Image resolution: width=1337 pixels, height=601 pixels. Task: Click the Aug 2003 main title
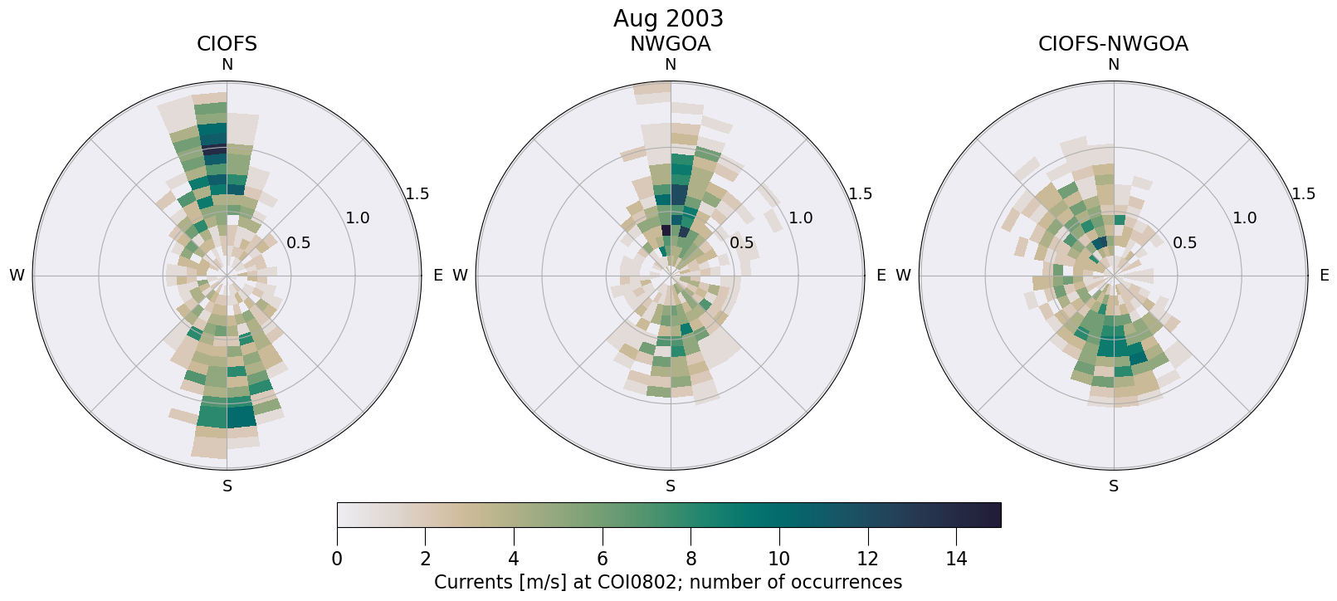pos(668,18)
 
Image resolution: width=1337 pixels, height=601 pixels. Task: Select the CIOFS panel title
pos(227,44)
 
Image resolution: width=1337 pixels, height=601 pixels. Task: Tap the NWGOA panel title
pos(670,44)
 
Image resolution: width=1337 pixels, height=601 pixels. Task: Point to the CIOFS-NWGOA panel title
pos(1113,44)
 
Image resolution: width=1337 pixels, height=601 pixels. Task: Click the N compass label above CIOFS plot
pos(227,65)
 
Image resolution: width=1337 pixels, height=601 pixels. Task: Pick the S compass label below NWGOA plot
pos(671,486)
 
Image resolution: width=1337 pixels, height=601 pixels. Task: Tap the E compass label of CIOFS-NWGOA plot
pos(1325,276)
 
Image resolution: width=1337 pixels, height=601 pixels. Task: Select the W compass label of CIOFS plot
pos(17,276)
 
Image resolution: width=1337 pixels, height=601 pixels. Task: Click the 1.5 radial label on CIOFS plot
pos(417,193)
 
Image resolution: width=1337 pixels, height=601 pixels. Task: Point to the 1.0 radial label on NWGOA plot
pos(800,218)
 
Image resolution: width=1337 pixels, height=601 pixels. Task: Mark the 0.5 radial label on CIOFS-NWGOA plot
pos(1184,242)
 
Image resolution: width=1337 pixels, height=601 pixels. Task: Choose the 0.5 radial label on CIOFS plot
pos(298,242)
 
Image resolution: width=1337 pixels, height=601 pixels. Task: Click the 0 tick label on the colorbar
pos(337,559)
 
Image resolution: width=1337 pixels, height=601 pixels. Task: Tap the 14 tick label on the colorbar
pos(956,559)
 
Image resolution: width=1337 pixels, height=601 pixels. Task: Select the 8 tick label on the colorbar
pos(690,559)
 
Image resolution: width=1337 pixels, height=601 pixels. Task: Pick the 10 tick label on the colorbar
pos(778,559)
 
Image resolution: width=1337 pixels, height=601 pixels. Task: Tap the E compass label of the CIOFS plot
pos(438,276)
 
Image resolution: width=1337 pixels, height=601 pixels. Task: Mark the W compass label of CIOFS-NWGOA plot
pos(903,276)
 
